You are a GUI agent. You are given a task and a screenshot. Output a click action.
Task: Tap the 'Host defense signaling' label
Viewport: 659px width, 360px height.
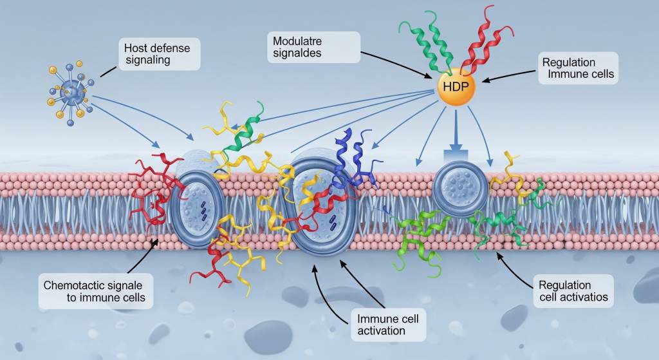(158, 53)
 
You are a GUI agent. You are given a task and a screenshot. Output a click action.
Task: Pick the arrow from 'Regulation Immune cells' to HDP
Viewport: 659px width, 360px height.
(509, 79)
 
